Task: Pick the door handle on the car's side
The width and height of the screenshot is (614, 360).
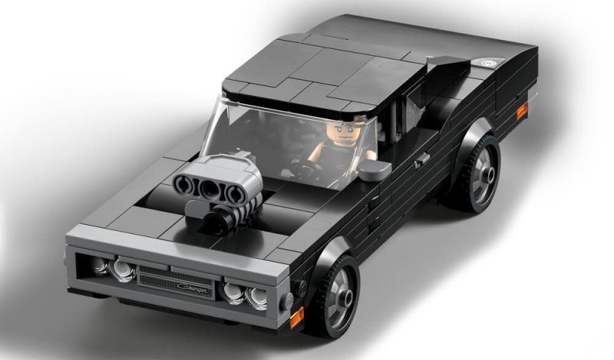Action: [x=421, y=160]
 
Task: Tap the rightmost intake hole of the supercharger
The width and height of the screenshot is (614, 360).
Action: [x=229, y=193]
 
